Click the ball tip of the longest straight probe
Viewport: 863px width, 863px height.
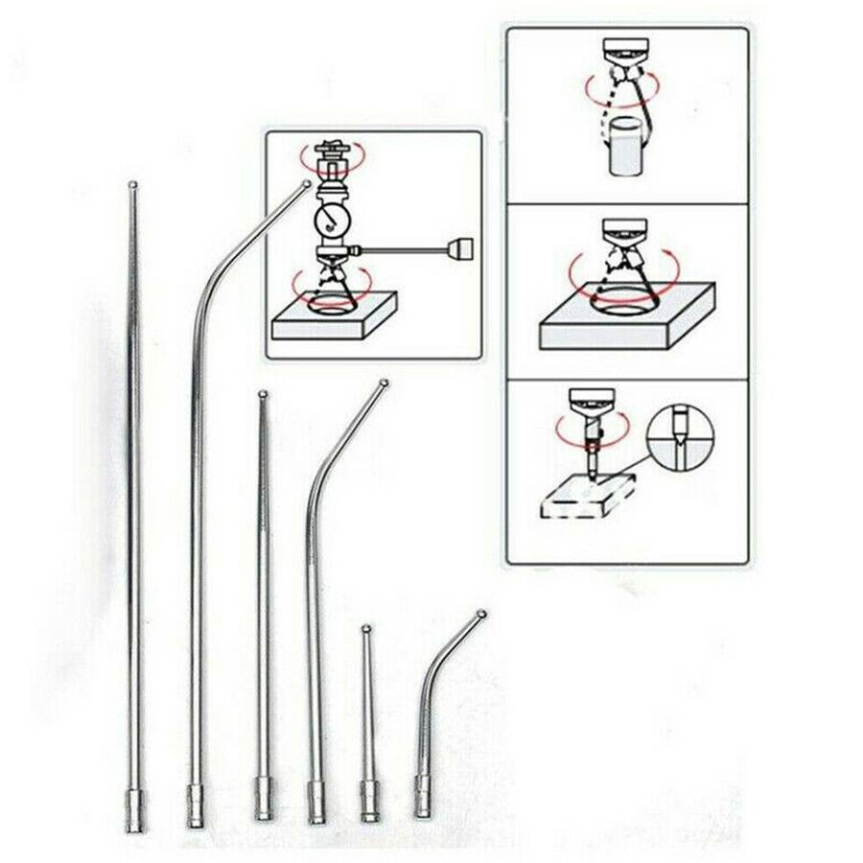tap(132, 184)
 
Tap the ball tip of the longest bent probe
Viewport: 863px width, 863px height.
tap(306, 183)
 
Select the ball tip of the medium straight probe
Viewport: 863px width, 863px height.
tap(263, 393)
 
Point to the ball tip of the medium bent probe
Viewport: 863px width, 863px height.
tap(385, 384)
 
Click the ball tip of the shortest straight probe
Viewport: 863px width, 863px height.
tap(366, 629)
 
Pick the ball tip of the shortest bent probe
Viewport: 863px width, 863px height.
tap(481, 614)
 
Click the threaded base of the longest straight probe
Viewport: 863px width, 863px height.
tap(134, 810)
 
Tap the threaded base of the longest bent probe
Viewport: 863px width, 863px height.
tap(196, 805)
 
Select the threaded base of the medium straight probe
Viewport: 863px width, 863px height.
tap(264, 799)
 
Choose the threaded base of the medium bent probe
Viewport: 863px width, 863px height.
tap(315, 802)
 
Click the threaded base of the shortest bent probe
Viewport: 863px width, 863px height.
tap(423, 796)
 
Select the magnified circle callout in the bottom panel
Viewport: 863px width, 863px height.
tap(680, 436)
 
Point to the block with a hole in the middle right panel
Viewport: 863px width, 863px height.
tap(628, 317)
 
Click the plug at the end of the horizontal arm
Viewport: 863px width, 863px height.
tap(462, 251)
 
